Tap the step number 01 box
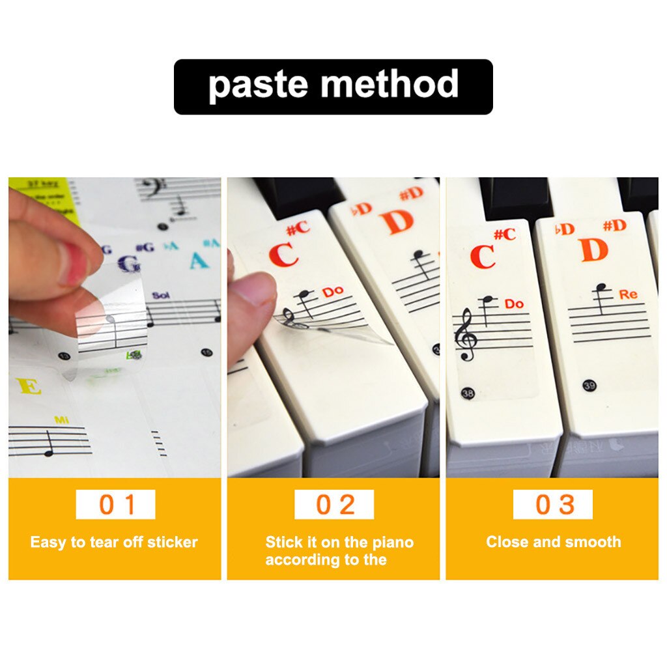(x=115, y=505)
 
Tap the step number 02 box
(x=334, y=505)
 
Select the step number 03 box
(x=553, y=505)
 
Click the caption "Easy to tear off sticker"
(x=114, y=543)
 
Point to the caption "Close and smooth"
(x=553, y=542)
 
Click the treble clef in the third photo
(x=466, y=334)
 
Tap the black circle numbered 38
(x=467, y=393)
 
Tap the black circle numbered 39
(x=589, y=385)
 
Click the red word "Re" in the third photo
(x=628, y=295)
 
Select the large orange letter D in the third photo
(x=593, y=249)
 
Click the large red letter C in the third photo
(x=483, y=256)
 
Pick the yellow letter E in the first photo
(x=30, y=386)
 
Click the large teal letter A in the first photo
(x=198, y=261)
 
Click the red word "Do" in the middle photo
(x=332, y=292)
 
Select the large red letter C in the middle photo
(x=283, y=254)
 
